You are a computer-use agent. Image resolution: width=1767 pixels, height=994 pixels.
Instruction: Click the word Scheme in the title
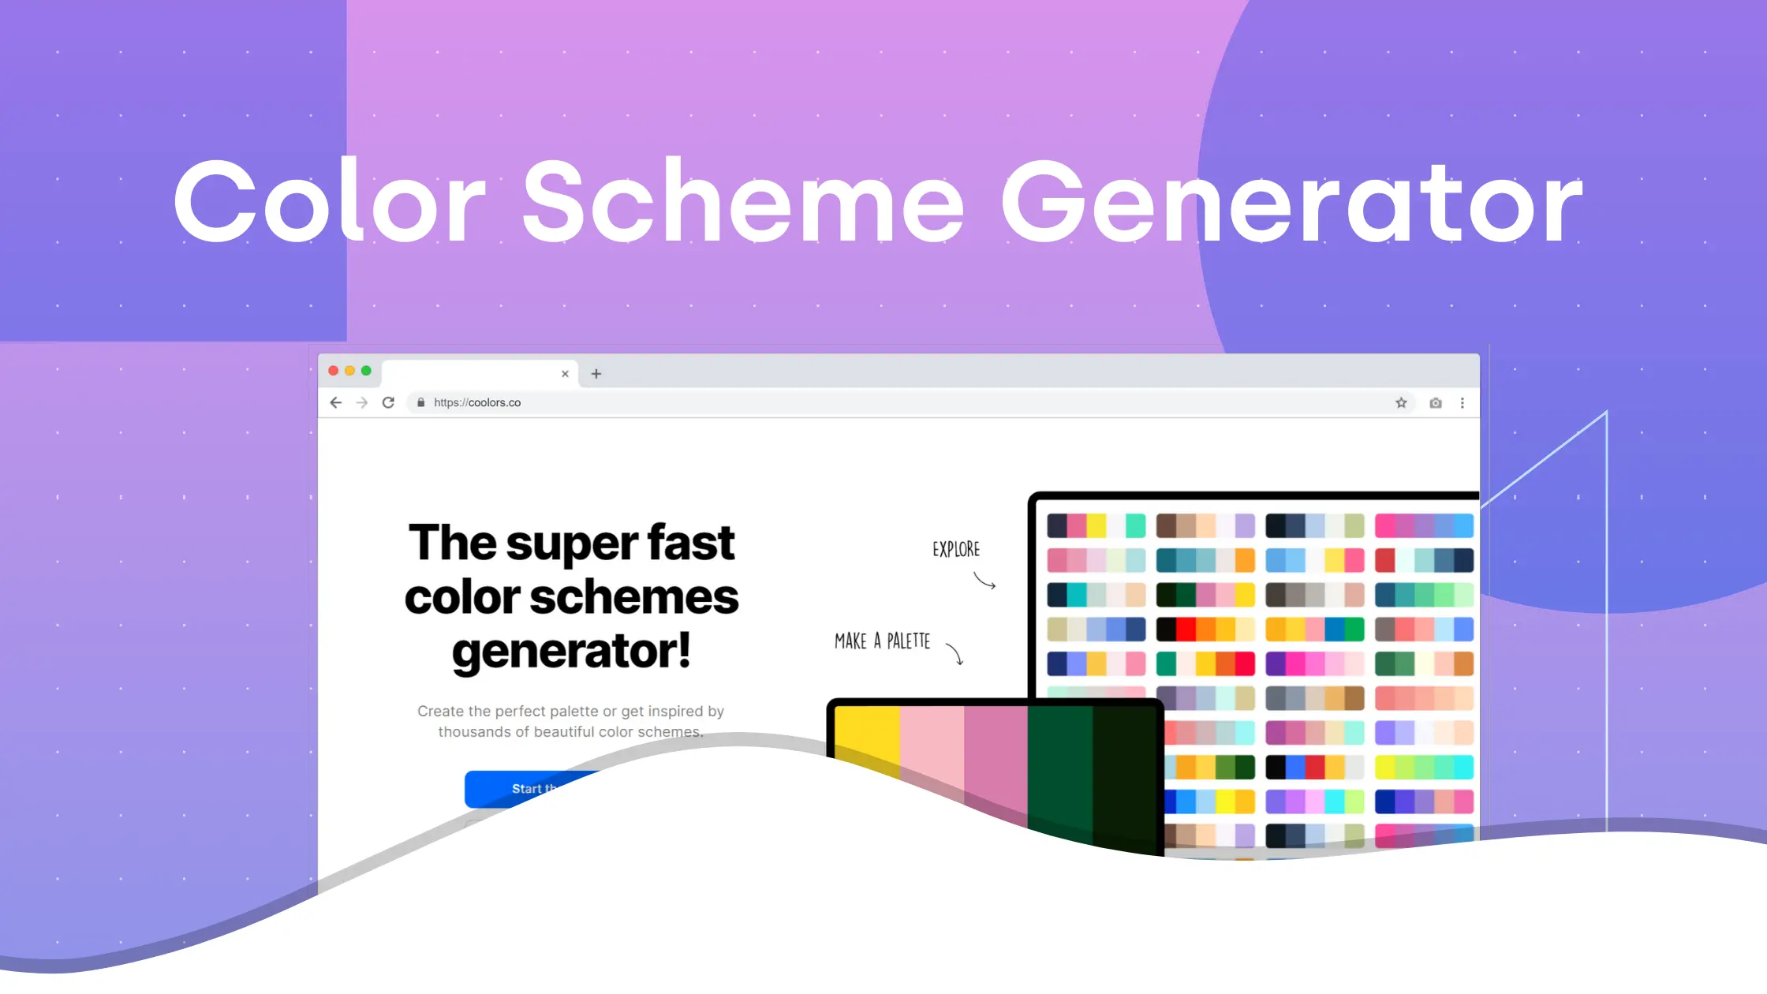(x=743, y=203)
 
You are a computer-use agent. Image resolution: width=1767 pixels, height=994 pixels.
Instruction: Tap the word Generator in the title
(x=1291, y=203)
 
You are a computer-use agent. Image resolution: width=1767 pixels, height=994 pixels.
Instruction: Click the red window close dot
(x=334, y=371)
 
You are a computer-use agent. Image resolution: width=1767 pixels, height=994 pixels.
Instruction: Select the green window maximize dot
(x=366, y=371)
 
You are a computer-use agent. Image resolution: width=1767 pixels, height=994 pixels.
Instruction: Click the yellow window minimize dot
(x=349, y=371)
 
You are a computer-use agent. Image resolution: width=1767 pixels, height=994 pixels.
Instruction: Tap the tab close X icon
(x=565, y=374)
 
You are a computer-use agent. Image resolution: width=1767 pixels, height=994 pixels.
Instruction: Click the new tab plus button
(x=596, y=374)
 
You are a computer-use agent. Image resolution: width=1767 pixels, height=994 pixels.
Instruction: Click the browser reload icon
(x=388, y=403)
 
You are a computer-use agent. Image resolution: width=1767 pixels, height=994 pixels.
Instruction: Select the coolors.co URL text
(x=477, y=403)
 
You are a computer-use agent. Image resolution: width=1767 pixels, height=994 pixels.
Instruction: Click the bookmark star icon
(x=1401, y=403)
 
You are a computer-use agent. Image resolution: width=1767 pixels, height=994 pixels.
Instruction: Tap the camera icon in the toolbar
(x=1436, y=403)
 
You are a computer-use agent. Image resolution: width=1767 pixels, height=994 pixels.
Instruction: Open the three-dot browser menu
(x=1463, y=403)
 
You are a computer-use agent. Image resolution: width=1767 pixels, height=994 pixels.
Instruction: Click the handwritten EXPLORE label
(x=956, y=550)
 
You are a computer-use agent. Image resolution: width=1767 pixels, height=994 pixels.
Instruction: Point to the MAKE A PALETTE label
(x=882, y=641)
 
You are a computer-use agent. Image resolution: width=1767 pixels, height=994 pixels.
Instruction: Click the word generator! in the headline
(x=571, y=652)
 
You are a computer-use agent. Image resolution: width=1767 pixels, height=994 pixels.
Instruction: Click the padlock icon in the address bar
(x=421, y=403)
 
